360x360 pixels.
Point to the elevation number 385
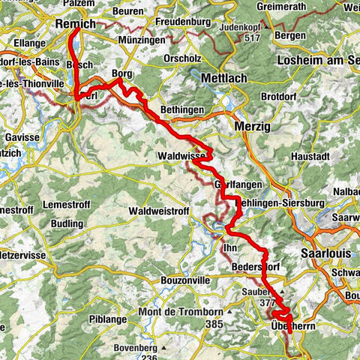[216, 324]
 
